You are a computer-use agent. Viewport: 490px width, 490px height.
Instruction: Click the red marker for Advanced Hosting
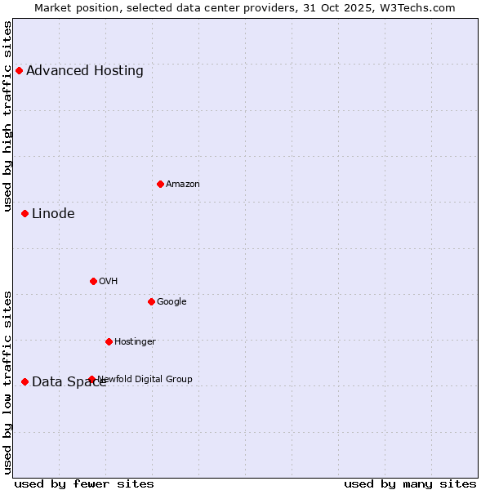pos(19,70)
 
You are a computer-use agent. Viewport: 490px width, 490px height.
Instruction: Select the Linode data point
pos(24,213)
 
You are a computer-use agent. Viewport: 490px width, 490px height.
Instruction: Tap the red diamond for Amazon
pos(160,184)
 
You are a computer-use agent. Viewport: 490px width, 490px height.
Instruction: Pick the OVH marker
pos(93,281)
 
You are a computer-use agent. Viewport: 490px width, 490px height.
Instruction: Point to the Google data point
pos(151,301)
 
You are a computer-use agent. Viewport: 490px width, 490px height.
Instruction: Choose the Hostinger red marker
pos(109,341)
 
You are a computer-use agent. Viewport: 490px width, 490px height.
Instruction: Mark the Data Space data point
pos(24,381)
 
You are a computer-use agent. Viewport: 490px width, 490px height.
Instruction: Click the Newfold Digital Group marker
pos(91,379)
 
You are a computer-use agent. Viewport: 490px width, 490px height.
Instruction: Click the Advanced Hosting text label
pos(85,70)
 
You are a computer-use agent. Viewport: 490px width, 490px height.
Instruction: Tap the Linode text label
pos(53,213)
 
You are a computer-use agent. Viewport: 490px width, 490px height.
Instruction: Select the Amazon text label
pos(183,184)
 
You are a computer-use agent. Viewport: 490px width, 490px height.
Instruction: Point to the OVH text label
pos(109,281)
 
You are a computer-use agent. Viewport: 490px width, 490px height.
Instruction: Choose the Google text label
pos(171,301)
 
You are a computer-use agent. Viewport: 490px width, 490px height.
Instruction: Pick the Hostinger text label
pos(135,341)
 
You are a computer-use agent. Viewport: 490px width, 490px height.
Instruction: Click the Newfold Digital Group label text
pos(145,379)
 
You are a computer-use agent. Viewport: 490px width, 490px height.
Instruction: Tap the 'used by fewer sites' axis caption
pos(84,483)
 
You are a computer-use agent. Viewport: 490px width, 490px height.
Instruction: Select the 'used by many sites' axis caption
pos(410,483)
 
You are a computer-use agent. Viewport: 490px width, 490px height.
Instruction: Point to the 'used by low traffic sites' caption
pos(7,382)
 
